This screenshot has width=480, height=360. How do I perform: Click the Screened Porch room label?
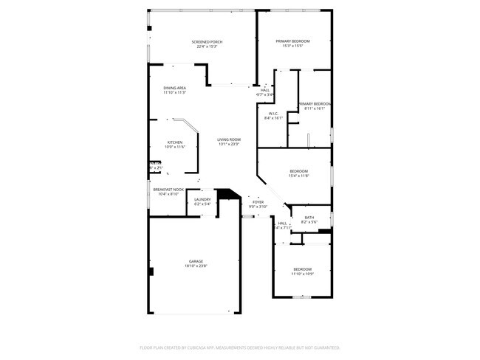[207, 42]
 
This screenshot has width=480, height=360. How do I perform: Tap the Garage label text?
[196, 261]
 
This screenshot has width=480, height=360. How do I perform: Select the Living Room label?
[229, 139]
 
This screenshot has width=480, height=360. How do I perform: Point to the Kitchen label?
[175, 142]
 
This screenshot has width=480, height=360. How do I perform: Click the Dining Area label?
[175, 88]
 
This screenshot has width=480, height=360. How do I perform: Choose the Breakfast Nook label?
[168, 190]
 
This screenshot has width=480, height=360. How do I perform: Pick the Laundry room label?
[203, 199]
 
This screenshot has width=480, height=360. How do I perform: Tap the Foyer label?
[258, 201]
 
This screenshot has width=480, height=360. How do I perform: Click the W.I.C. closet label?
[272, 114]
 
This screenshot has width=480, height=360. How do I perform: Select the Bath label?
[309, 218]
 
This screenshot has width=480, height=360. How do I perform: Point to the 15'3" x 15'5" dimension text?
[293, 46]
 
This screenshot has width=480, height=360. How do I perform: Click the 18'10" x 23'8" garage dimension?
[196, 266]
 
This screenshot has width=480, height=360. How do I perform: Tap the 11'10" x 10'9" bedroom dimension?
[303, 274]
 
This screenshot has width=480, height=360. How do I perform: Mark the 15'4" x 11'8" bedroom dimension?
[299, 176]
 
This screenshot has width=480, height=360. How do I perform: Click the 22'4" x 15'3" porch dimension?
[207, 46]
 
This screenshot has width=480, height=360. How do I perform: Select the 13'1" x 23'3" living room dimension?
[229, 145]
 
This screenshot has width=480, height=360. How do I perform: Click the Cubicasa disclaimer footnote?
[239, 347]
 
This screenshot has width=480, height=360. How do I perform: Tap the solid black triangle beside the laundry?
[231, 195]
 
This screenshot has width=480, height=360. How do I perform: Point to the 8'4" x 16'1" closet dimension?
[273, 118]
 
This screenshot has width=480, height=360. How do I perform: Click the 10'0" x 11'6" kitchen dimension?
[175, 147]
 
